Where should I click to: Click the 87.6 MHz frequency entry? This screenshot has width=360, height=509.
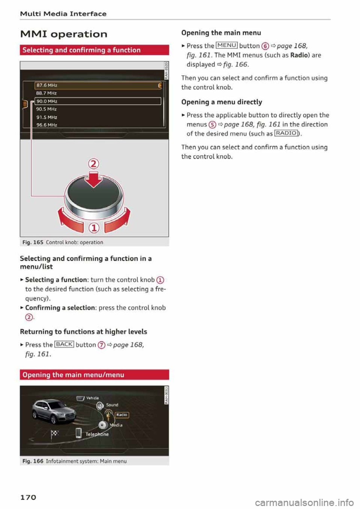(x=47, y=85)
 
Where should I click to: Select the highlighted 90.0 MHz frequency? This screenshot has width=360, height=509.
(x=47, y=101)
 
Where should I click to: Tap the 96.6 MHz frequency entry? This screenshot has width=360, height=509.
(x=47, y=125)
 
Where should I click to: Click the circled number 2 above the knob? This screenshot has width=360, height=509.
(x=93, y=164)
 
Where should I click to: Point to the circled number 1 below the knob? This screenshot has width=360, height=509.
(x=93, y=228)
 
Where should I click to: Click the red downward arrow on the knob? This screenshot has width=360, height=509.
(x=93, y=179)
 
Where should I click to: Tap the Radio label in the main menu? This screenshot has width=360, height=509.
(x=122, y=415)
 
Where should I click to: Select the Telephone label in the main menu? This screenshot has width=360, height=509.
(x=97, y=434)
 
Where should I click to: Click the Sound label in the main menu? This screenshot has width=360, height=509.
(x=112, y=405)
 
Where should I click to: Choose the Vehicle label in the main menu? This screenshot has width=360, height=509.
(x=92, y=398)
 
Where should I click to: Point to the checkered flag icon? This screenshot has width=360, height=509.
(x=55, y=434)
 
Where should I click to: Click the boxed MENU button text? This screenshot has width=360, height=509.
(x=226, y=45)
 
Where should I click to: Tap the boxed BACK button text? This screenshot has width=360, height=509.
(x=64, y=344)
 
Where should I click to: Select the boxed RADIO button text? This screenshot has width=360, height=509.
(x=286, y=133)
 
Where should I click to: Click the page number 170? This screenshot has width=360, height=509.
(x=28, y=497)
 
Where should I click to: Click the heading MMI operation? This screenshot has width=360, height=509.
(x=64, y=34)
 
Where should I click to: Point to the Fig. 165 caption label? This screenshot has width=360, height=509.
(x=33, y=243)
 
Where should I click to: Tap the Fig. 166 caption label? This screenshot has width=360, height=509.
(x=33, y=461)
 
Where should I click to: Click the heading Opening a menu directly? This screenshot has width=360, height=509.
(x=222, y=102)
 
